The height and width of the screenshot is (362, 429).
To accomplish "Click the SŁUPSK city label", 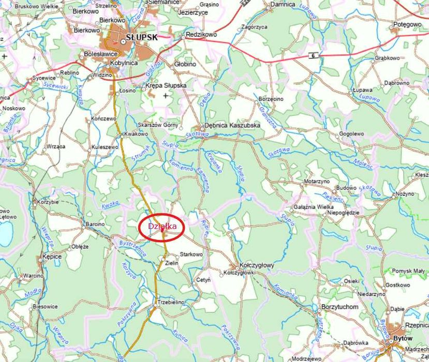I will point(141,38).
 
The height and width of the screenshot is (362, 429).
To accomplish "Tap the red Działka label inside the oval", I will point(162,227).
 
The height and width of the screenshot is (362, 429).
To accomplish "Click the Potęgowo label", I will point(407,24).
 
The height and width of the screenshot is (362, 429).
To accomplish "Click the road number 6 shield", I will point(313,55).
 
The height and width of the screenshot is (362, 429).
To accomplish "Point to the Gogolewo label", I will point(352,133).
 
